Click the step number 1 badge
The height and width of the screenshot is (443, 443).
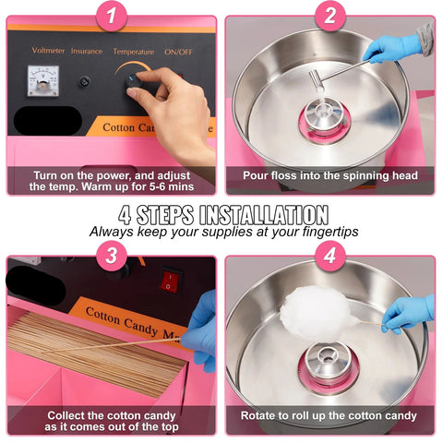coord(112,16)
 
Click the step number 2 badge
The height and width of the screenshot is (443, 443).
coord(329,16)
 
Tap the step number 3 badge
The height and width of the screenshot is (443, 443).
coord(112,255)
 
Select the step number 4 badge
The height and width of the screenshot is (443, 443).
coord(329,255)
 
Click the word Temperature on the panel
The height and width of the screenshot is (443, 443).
coord(133,52)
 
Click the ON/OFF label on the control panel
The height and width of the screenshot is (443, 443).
coord(178,52)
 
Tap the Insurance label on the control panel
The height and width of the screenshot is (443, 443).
coord(87,52)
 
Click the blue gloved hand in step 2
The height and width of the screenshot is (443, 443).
coord(392,48)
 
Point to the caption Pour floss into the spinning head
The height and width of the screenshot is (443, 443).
coord(329,175)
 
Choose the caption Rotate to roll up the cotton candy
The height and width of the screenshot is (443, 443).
coord(329,416)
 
